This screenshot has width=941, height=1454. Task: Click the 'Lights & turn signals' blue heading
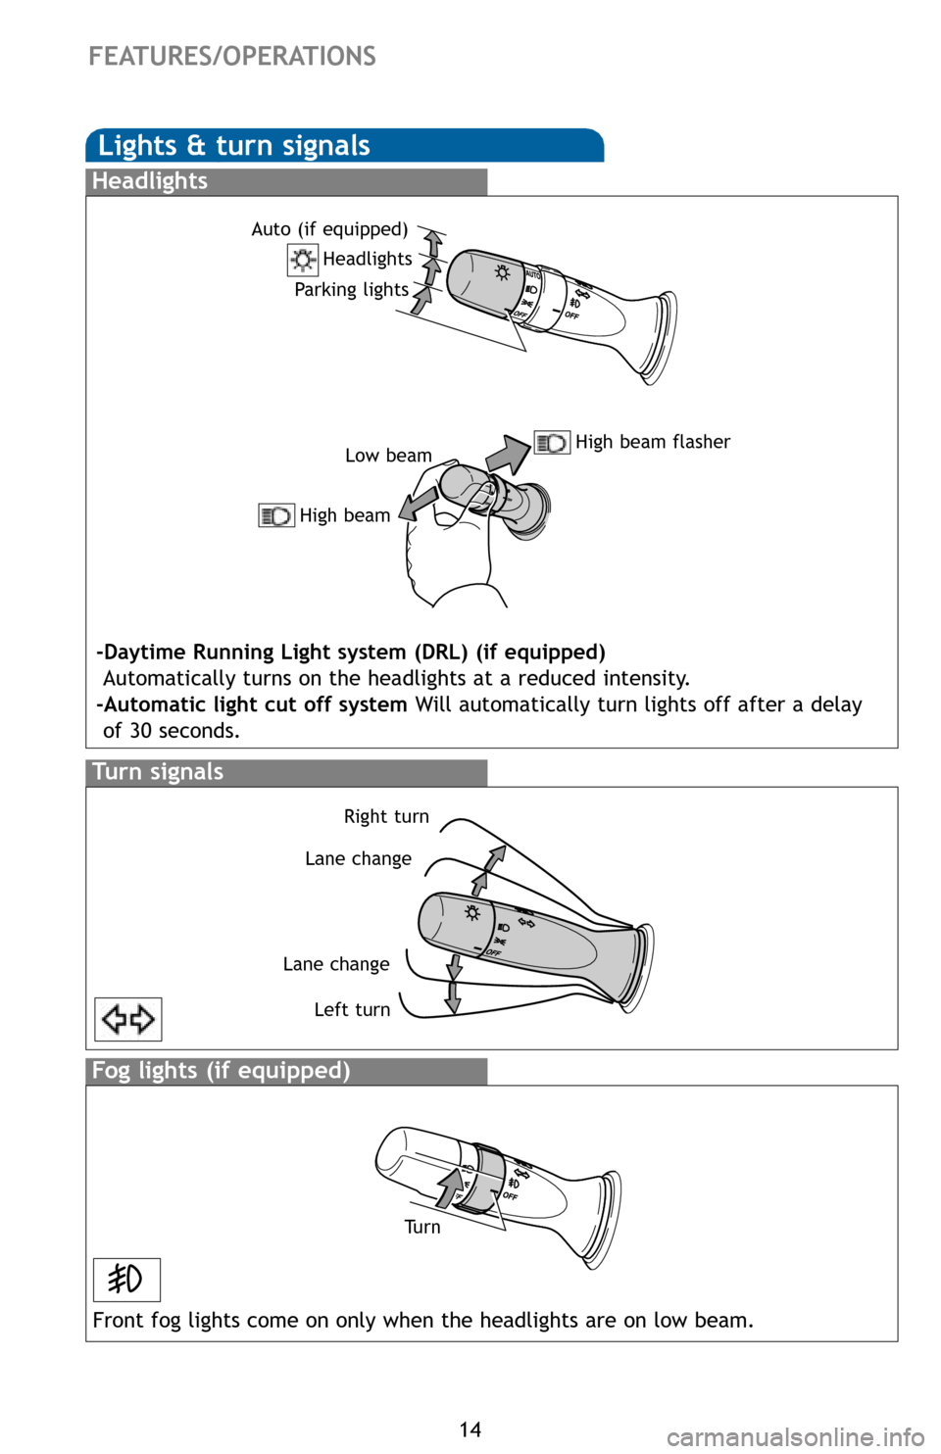point(234,146)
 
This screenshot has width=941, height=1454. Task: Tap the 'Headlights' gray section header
point(150,181)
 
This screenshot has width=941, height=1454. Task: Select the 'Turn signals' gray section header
point(158,772)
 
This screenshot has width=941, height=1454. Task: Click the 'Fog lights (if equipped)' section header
point(221,1071)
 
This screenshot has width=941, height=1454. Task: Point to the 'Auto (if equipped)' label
point(329,229)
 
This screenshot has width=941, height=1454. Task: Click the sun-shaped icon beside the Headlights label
point(303,260)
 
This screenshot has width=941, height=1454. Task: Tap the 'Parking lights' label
point(351,290)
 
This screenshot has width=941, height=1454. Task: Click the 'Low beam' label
point(388,456)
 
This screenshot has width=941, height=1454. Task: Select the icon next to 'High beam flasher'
point(552,443)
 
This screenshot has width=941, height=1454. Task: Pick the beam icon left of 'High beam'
point(276,515)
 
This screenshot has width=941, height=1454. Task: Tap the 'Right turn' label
point(386,817)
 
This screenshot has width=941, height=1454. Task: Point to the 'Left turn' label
point(352,1010)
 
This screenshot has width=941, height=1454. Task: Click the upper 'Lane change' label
point(358,859)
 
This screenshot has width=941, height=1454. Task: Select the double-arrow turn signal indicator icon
point(128,1020)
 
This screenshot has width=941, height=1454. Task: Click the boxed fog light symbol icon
point(126,1280)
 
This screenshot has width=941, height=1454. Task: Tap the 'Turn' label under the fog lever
point(422,1228)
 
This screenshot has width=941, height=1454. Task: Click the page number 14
point(470,1430)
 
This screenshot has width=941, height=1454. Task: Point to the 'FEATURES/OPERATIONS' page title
point(232,57)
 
